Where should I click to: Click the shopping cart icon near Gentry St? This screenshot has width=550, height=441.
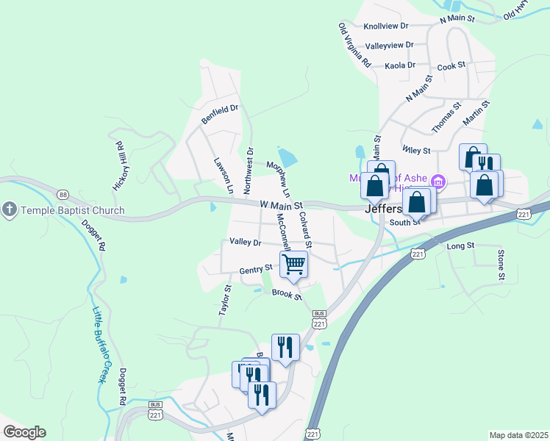pyautogui.click(x=293, y=264)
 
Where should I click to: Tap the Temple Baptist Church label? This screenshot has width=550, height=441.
pyautogui.click(x=68, y=210)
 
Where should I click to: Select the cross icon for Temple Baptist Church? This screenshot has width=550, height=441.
pyautogui.click(x=10, y=210)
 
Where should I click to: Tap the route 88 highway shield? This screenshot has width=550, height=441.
pyautogui.click(x=63, y=193)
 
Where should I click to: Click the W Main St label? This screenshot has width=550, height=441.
pyautogui.click(x=282, y=207)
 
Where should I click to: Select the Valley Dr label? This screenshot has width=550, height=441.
pyautogui.click(x=245, y=242)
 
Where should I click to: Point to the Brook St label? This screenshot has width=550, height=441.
pyautogui.click(x=287, y=294)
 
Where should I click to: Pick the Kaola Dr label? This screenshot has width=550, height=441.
pyautogui.click(x=400, y=65)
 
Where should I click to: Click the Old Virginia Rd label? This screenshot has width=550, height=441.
pyautogui.click(x=355, y=46)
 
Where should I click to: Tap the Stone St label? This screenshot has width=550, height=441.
pyautogui.click(x=500, y=265)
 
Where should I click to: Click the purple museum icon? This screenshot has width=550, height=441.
pyautogui.click(x=439, y=181)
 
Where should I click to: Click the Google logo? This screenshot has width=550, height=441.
pyautogui.click(x=24, y=432)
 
